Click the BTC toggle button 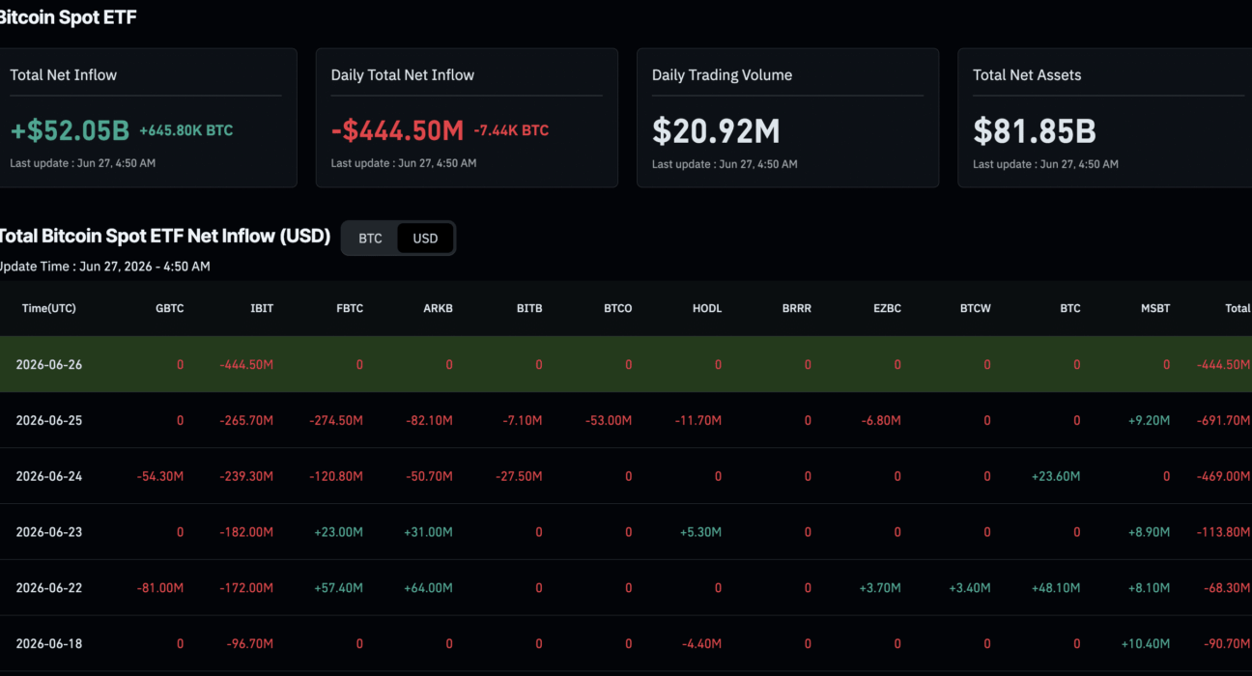pyautogui.click(x=370, y=238)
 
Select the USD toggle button pyautogui.click(x=425, y=238)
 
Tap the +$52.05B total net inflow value pyautogui.click(x=70, y=130)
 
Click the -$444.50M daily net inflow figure pyautogui.click(x=397, y=130)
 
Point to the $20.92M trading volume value pyautogui.click(x=716, y=131)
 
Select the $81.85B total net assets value pyautogui.click(x=1035, y=131)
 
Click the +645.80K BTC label pyautogui.click(x=186, y=130)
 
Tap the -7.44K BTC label pyautogui.click(x=511, y=130)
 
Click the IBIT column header pyautogui.click(x=262, y=308)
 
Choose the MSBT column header pyautogui.click(x=1155, y=308)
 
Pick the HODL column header pyautogui.click(x=707, y=308)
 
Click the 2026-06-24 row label pyautogui.click(x=48, y=476)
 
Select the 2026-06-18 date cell pyautogui.click(x=48, y=643)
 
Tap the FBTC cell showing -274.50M pyautogui.click(x=336, y=420)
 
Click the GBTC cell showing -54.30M pyautogui.click(x=159, y=476)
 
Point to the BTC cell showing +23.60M pyautogui.click(x=1056, y=476)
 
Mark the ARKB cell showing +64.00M pyautogui.click(x=428, y=588)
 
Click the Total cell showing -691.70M pyautogui.click(x=1223, y=420)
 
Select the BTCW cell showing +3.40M pyautogui.click(x=970, y=588)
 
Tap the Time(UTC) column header pyautogui.click(x=48, y=308)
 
